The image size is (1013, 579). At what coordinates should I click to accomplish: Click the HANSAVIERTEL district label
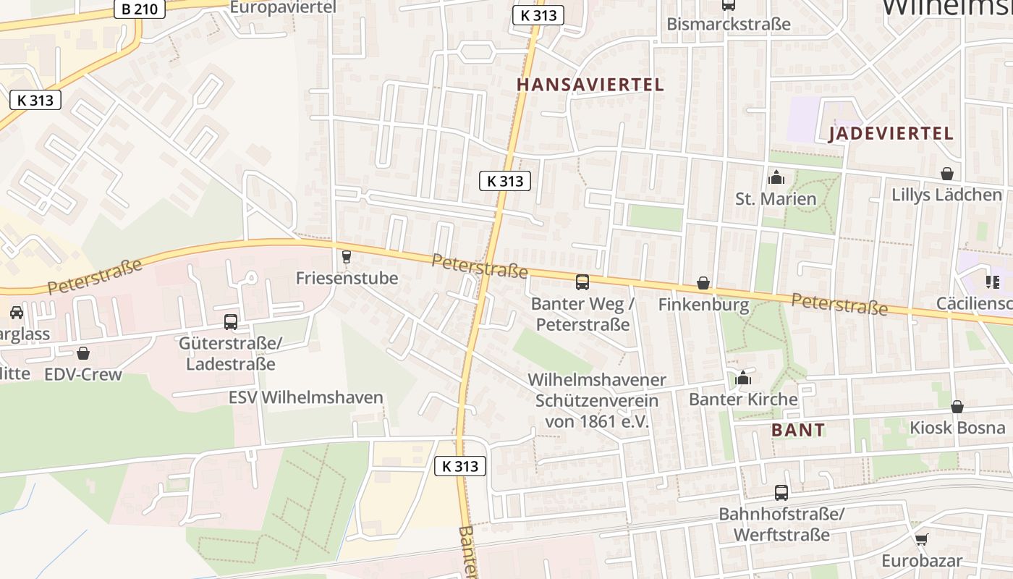click(x=590, y=85)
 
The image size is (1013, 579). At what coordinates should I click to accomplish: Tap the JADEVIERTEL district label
click(x=891, y=133)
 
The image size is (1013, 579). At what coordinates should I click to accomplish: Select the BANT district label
click(x=797, y=430)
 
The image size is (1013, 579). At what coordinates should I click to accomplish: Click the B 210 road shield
click(x=140, y=9)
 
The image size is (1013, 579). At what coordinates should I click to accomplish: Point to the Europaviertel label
click(x=283, y=7)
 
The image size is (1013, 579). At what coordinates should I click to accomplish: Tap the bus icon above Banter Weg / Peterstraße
click(x=582, y=282)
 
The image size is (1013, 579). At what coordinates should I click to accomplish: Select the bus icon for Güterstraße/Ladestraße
click(x=231, y=322)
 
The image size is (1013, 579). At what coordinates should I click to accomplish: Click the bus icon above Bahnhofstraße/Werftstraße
click(x=781, y=493)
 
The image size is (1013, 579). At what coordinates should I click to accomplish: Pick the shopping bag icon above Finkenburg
click(x=703, y=283)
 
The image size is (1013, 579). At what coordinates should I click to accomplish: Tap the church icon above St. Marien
click(x=776, y=177)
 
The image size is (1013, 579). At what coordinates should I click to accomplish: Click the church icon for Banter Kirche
click(x=743, y=378)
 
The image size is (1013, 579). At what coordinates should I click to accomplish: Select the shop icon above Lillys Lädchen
click(x=946, y=174)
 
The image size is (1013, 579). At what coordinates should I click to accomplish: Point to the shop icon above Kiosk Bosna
click(x=957, y=407)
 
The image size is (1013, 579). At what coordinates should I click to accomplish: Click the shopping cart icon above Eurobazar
click(x=921, y=539)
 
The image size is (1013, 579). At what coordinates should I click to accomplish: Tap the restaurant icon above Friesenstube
click(x=346, y=256)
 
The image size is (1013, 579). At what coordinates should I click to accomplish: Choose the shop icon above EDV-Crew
click(x=83, y=353)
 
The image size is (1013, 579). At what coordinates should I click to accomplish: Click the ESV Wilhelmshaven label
click(x=305, y=397)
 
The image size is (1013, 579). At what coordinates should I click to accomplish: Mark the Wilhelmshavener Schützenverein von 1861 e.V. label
click(x=596, y=400)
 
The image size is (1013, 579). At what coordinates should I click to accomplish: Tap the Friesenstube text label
click(x=347, y=278)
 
